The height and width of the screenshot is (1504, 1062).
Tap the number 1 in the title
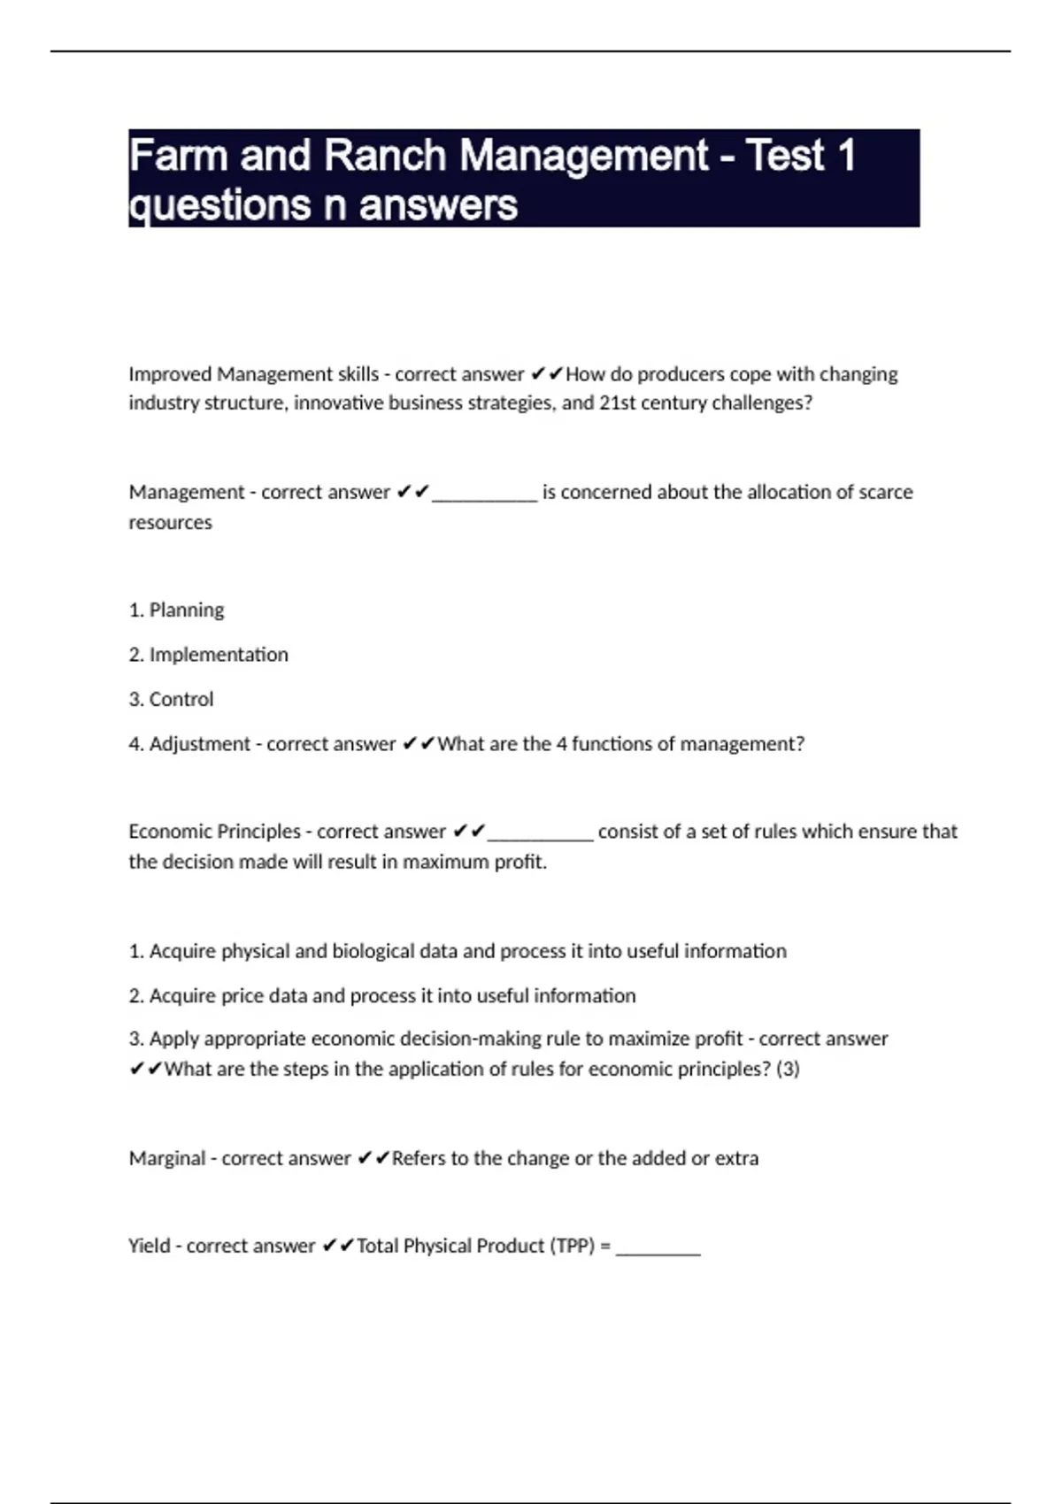tap(845, 156)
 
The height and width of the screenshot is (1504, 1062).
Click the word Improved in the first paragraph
tap(169, 374)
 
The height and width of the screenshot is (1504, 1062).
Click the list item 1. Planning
tap(176, 610)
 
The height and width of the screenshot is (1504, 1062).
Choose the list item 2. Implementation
tap(208, 655)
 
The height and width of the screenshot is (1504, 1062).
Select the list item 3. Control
tap(171, 699)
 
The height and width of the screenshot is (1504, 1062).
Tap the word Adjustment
tap(199, 744)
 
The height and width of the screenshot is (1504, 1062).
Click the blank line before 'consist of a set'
tap(540, 835)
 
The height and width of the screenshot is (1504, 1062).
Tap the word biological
tap(372, 951)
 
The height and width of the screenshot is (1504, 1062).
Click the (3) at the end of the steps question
tap(788, 1069)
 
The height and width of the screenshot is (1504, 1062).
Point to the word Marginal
tap(166, 1158)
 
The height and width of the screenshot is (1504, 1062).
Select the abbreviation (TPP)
tap(573, 1246)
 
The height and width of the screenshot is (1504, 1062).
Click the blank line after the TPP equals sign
tap(658, 1249)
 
